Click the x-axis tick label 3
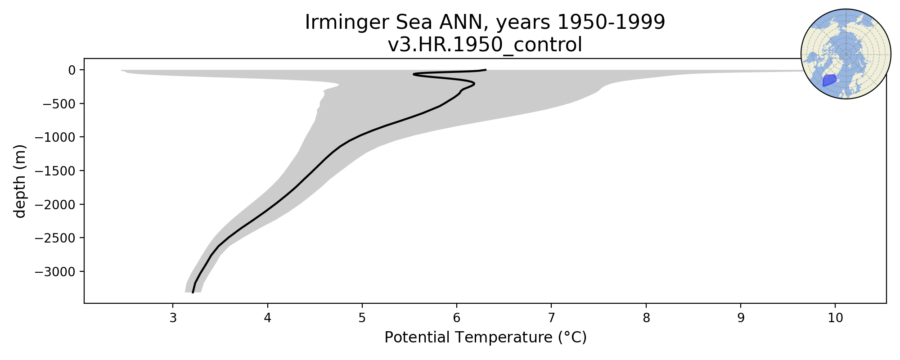[x=173, y=318]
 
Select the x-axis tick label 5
[x=362, y=318]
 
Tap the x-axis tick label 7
[x=551, y=318]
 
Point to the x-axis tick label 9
[x=741, y=318]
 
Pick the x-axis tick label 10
[x=835, y=318]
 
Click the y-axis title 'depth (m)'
[x=20, y=181]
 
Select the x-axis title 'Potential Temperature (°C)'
[x=486, y=337]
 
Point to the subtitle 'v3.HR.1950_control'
[x=485, y=45]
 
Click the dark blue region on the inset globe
[x=829, y=81]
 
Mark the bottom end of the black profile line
[x=193, y=292]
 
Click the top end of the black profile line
[x=486, y=70]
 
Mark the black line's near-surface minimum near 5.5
[x=413, y=74]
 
